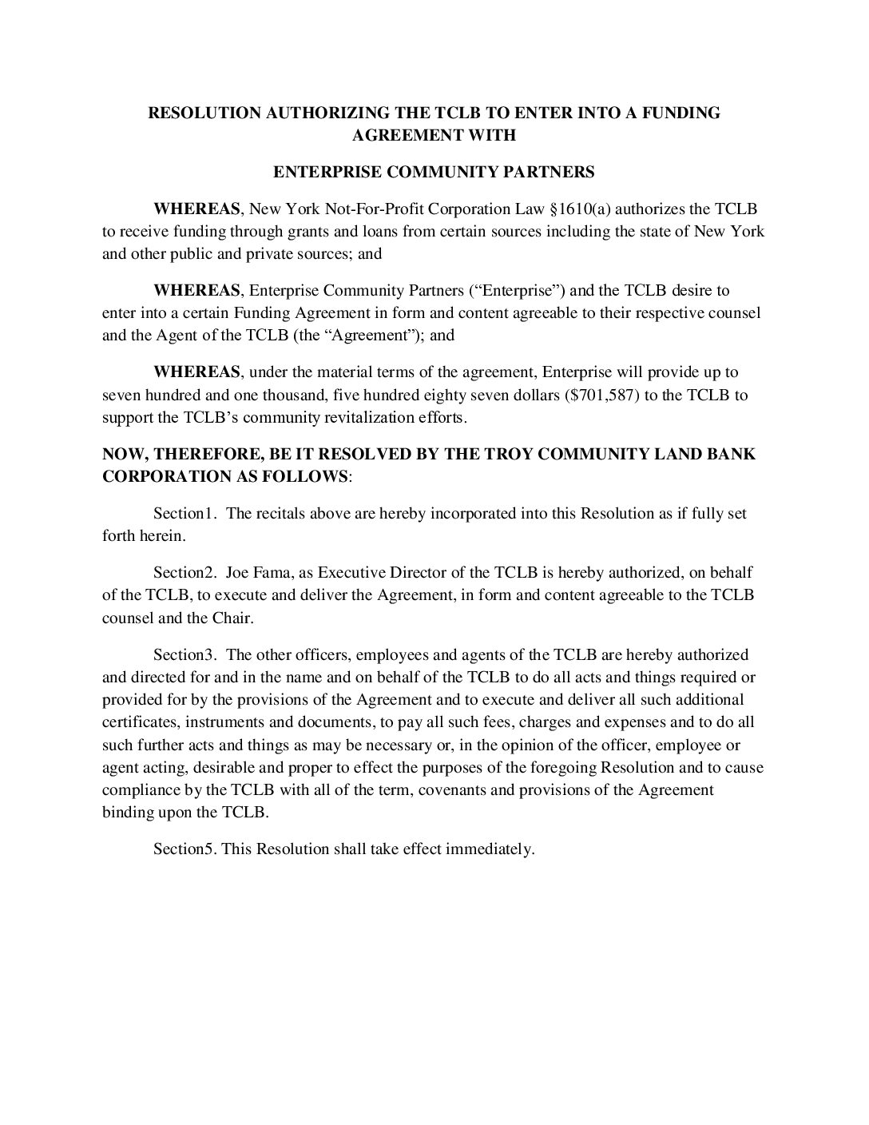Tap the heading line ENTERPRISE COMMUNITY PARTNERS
[434, 171]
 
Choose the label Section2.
[185, 572]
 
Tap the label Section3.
[185, 654]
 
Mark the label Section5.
[185, 849]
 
